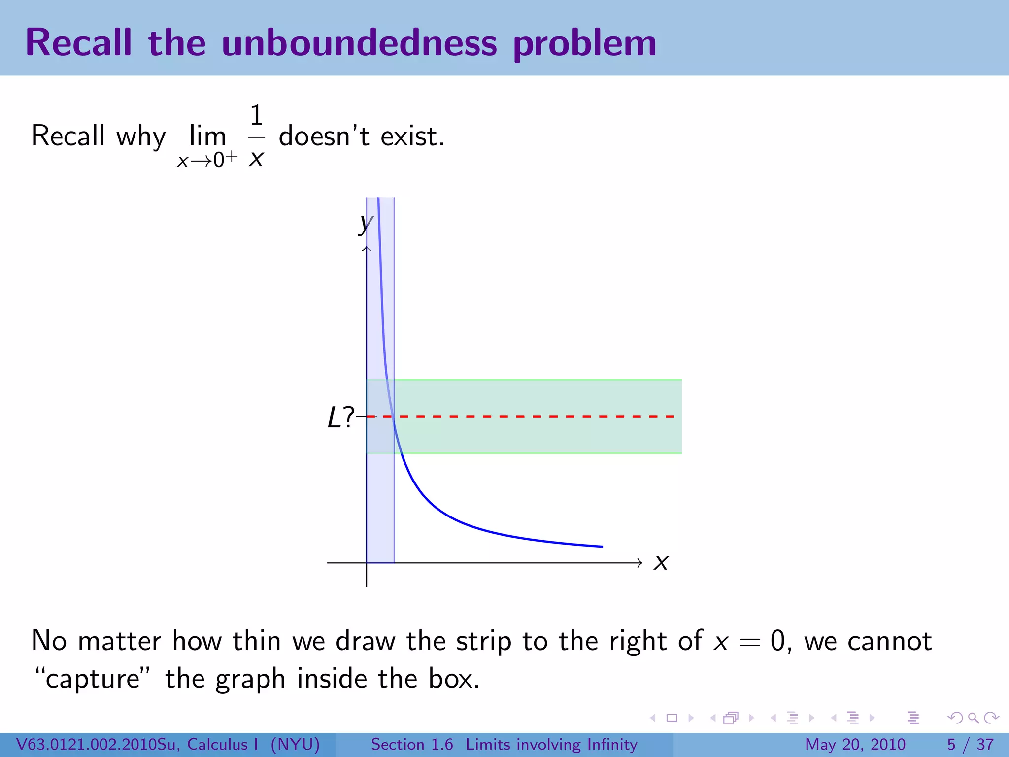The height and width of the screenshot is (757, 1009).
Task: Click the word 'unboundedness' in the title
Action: click(359, 43)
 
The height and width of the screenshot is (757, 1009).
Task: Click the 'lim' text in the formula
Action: click(207, 136)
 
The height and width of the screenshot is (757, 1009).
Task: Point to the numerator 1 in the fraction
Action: click(256, 116)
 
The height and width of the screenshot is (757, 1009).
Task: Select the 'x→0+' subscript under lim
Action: click(207, 160)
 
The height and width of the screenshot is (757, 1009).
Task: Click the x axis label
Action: click(661, 562)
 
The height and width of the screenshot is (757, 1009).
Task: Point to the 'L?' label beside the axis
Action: click(340, 418)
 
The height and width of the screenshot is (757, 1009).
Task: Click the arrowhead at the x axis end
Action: click(639, 563)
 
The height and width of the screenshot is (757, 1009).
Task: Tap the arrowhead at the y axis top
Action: click(367, 249)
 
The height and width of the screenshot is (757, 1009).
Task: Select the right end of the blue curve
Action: click(601, 546)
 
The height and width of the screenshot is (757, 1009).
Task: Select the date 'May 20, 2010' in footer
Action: click(855, 744)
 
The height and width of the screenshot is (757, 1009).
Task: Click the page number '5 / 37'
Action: click(970, 744)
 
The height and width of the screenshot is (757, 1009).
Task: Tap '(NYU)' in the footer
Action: click(295, 744)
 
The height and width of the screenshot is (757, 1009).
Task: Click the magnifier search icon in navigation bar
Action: click(973, 718)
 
